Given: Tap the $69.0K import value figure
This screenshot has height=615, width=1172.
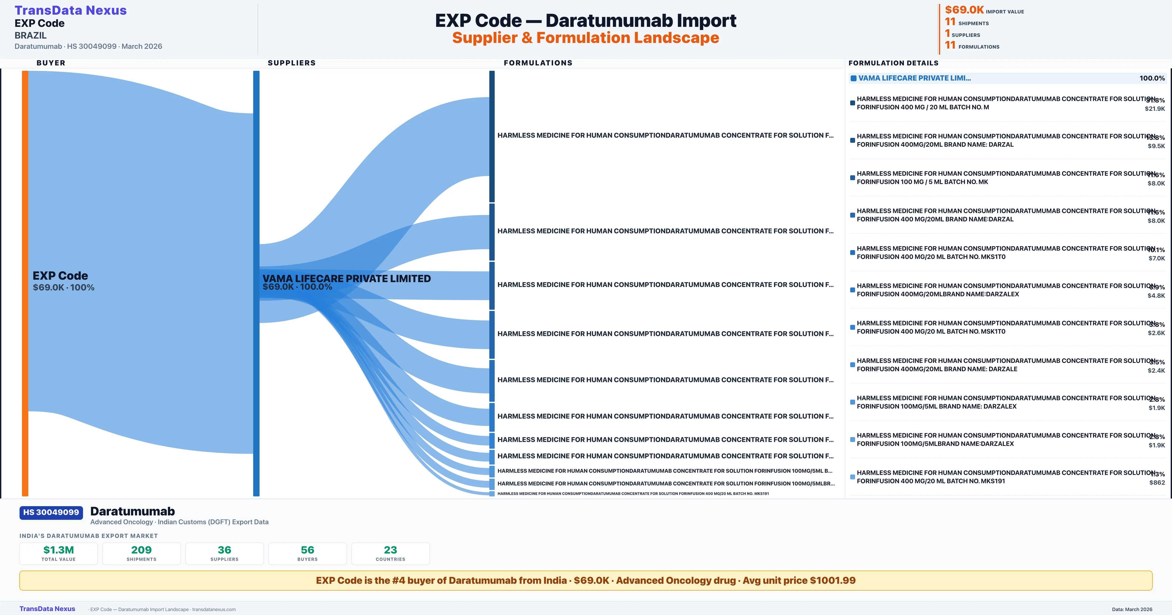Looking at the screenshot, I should pos(964,10).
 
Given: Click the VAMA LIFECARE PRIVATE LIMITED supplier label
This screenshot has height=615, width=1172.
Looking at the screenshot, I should pos(346,278).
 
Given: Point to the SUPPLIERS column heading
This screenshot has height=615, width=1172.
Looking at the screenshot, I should pos(291,63).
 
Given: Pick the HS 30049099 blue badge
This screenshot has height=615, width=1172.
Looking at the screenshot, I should pos(51,512).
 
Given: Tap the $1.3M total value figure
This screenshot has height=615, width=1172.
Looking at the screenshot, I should pos(58,550).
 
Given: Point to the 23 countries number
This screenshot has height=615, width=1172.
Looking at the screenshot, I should pos(390,550).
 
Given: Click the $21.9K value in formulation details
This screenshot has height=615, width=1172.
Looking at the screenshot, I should pos(1155,109).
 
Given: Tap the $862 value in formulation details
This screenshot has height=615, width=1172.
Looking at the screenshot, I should pos(1157,483).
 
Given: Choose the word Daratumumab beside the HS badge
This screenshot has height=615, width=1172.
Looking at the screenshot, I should pos(132,511).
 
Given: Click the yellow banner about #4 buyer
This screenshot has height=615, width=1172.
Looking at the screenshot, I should pos(586,580).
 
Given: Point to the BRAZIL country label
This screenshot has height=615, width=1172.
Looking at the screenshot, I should pos(31,35).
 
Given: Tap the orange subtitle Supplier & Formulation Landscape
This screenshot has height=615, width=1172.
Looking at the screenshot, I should pos(586,38).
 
